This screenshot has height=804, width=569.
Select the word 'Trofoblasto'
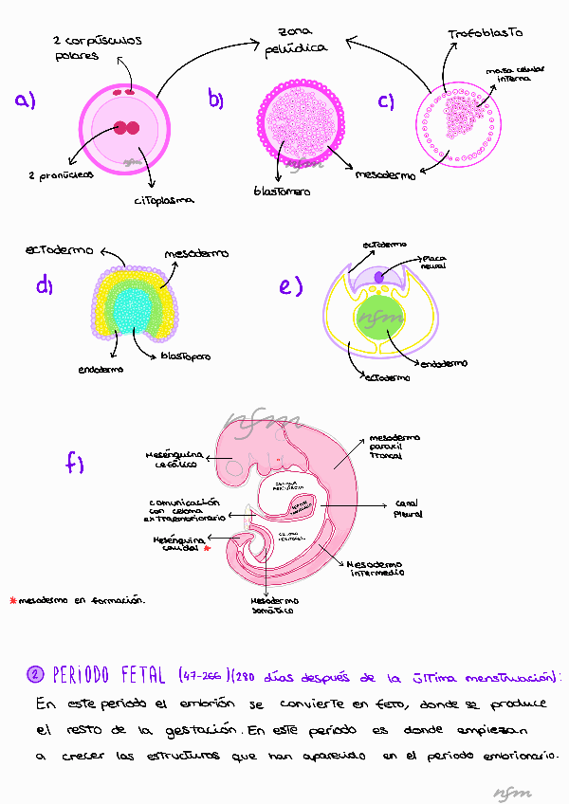[x=485, y=34]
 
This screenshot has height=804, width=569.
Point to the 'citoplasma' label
[x=164, y=200]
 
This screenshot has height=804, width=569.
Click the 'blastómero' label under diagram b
[x=282, y=190]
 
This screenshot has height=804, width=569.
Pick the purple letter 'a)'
[x=25, y=100]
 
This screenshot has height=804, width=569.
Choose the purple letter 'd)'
[x=45, y=284]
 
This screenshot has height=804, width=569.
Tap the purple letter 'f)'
[x=75, y=463]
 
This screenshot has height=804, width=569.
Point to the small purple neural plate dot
[x=379, y=276]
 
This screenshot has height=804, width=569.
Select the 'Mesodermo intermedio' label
[x=376, y=567]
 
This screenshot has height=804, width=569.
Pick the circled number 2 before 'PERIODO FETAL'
[x=35, y=673]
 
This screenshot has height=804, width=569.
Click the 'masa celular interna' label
[x=507, y=75]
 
